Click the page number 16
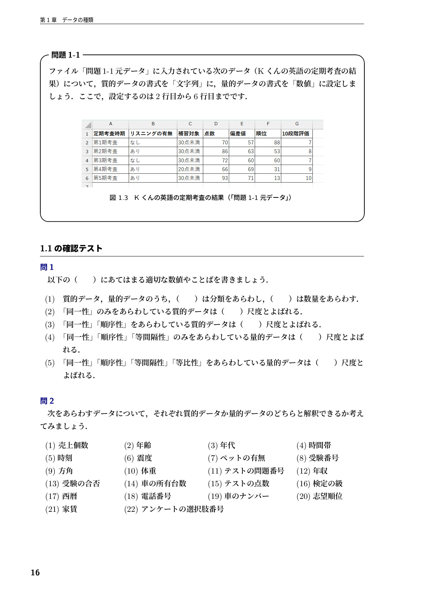coord(35,572)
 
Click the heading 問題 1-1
coord(65,55)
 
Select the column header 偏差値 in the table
coord(238,134)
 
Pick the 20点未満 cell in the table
coord(189,169)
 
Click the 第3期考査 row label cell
coord(106,161)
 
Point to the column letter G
coord(297,124)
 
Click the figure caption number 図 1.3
coord(119,198)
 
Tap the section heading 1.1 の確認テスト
coord(71,249)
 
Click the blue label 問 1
coord(47,267)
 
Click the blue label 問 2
coord(47,401)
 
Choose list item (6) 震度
coord(138,458)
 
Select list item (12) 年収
coord(312,471)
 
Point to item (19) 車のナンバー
coord(239,496)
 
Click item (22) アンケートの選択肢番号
coord(174,509)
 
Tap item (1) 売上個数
coord(67,445)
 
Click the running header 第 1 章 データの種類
coord(67,20)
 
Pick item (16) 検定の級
coord(320,484)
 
